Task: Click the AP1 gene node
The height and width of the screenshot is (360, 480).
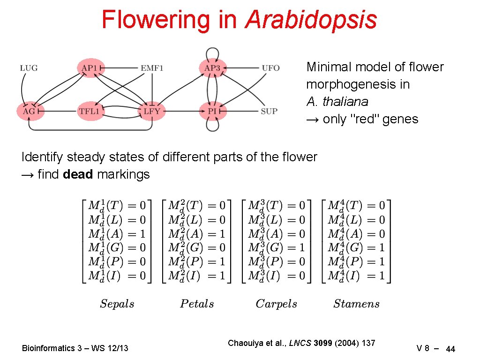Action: click(90, 68)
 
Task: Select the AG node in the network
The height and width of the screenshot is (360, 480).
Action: click(30, 112)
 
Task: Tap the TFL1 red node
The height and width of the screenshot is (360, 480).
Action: click(90, 112)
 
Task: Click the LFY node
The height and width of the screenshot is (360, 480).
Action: click(152, 112)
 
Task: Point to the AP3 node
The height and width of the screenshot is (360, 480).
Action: click(212, 68)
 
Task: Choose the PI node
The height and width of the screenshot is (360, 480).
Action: click(212, 112)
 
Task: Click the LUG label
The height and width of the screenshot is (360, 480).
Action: click(29, 68)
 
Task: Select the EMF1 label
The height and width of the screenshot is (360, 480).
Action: click(152, 68)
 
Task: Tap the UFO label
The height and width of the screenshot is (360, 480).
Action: click(270, 68)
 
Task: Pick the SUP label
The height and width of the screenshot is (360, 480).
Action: click(269, 112)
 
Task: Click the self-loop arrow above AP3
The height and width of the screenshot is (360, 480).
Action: click(212, 51)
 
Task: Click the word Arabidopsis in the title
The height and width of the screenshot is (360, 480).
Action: click(311, 20)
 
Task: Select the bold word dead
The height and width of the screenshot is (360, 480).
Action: click(78, 174)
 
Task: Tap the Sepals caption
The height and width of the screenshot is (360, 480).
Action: click(117, 304)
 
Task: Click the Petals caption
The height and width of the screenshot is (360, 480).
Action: click(197, 304)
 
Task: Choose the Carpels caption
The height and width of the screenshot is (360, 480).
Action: click(277, 304)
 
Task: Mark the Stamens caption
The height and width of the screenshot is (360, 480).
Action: click(356, 304)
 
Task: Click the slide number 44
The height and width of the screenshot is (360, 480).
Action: click(450, 349)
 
